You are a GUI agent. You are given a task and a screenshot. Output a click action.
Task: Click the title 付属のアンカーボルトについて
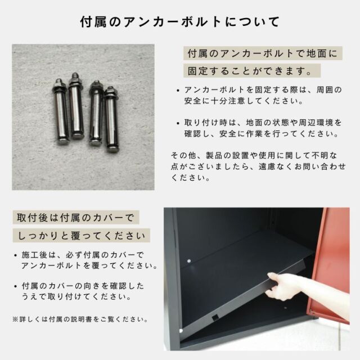click(x=180, y=22)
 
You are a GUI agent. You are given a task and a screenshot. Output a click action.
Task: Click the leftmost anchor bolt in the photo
click(x=61, y=111)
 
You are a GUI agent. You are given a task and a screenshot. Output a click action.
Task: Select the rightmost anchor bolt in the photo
click(x=111, y=119)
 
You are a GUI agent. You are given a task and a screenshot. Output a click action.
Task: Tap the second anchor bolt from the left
click(x=76, y=106)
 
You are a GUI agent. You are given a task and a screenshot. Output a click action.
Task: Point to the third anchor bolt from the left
click(x=96, y=114)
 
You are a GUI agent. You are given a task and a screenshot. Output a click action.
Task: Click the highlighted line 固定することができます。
click(x=252, y=71)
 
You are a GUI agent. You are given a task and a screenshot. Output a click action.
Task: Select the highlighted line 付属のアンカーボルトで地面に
click(x=263, y=53)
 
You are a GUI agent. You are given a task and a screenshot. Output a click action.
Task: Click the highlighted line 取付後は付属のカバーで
click(x=76, y=218)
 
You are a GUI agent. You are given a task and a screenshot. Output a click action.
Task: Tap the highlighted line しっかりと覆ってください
click(x=81, y=235)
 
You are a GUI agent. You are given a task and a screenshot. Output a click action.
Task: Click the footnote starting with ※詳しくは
click(x=80, y=319)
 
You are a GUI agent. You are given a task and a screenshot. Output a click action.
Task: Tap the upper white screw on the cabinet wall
click(x=189, y=261)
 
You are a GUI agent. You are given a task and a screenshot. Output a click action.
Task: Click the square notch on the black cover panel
click(x=215, y=317)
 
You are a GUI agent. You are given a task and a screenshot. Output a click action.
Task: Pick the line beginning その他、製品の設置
click(x=254, y=155)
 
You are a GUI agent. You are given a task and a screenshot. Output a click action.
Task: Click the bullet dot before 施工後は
click(x=15, y=255)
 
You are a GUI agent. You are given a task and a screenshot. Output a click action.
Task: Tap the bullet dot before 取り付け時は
click(x=178, y=123)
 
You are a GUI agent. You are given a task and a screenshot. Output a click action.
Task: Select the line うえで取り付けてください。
click(x=76, y=297)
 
